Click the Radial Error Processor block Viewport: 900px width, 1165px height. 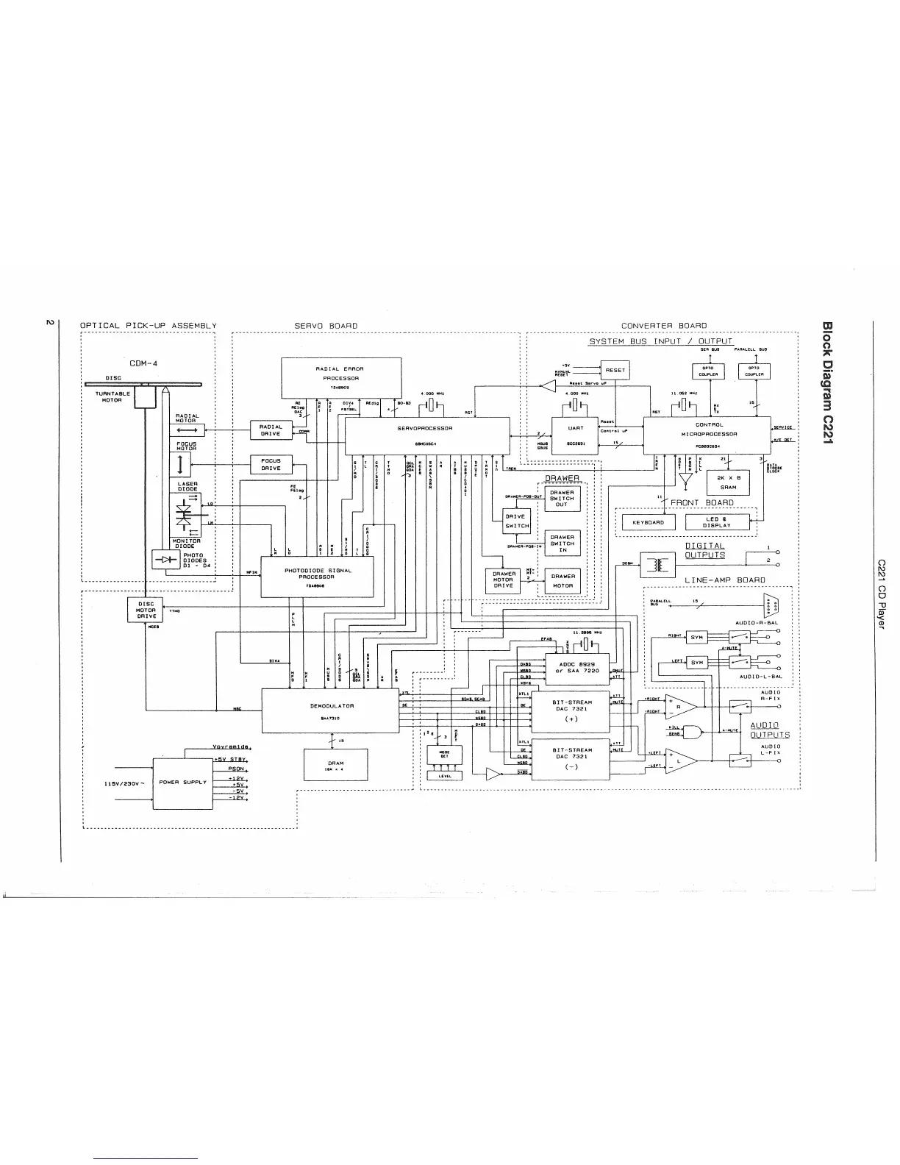tap(340, 377)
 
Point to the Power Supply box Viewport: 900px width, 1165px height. tap(182, 783)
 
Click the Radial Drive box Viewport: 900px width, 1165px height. tap(271, 430)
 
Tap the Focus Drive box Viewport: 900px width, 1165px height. tap(271, 465)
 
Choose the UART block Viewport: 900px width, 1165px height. tap(576, 432)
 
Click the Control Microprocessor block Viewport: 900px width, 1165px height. tap(707, 434)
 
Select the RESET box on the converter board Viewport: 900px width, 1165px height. tap(615, 371)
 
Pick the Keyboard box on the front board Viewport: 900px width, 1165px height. tap(648, 522)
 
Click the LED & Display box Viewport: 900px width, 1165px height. tap(716, 522)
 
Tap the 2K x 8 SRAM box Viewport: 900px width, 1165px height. tap(728, 482)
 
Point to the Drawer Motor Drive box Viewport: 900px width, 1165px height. tap(504, 580)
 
